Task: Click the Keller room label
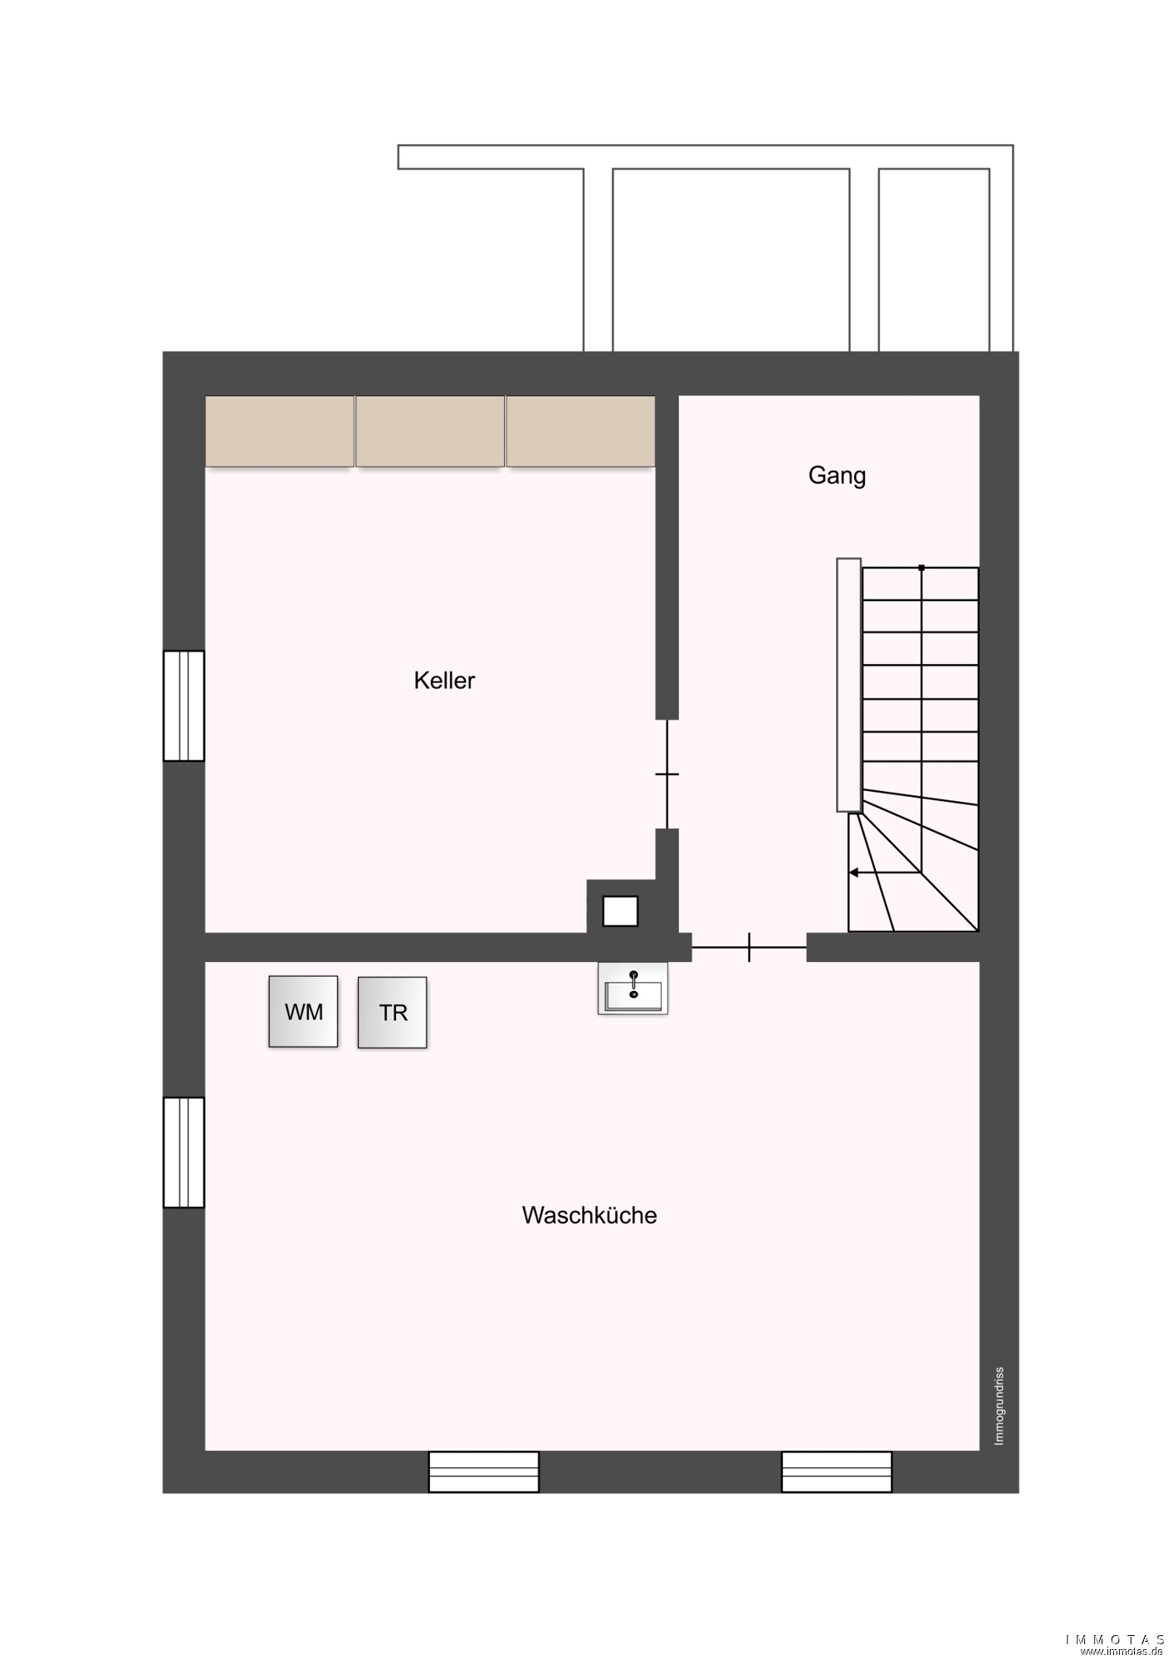tap(444, 681)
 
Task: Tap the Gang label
tap(837, 476)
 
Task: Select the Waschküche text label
tap(589, 1215)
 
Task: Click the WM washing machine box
tap(303, 1012)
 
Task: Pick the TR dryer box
tap(393, 1013)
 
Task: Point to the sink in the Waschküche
tap(633, 988)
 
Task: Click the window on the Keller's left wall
tap(183, 705)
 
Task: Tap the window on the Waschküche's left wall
tap(183, 1152)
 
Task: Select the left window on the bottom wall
tap(484, 1472)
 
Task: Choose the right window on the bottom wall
tap(837, 1472)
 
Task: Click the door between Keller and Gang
tap(667, 774)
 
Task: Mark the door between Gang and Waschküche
tap(749, 947)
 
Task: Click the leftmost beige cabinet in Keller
tap(280, 432)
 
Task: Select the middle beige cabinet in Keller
tap(430, 432)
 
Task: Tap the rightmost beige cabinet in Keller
tap(580, 432)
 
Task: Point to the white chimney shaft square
tap(620, 911)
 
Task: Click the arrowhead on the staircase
tap(853, 872)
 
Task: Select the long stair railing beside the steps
tap(848, 685)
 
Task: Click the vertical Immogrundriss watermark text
tap(999, 1406)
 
